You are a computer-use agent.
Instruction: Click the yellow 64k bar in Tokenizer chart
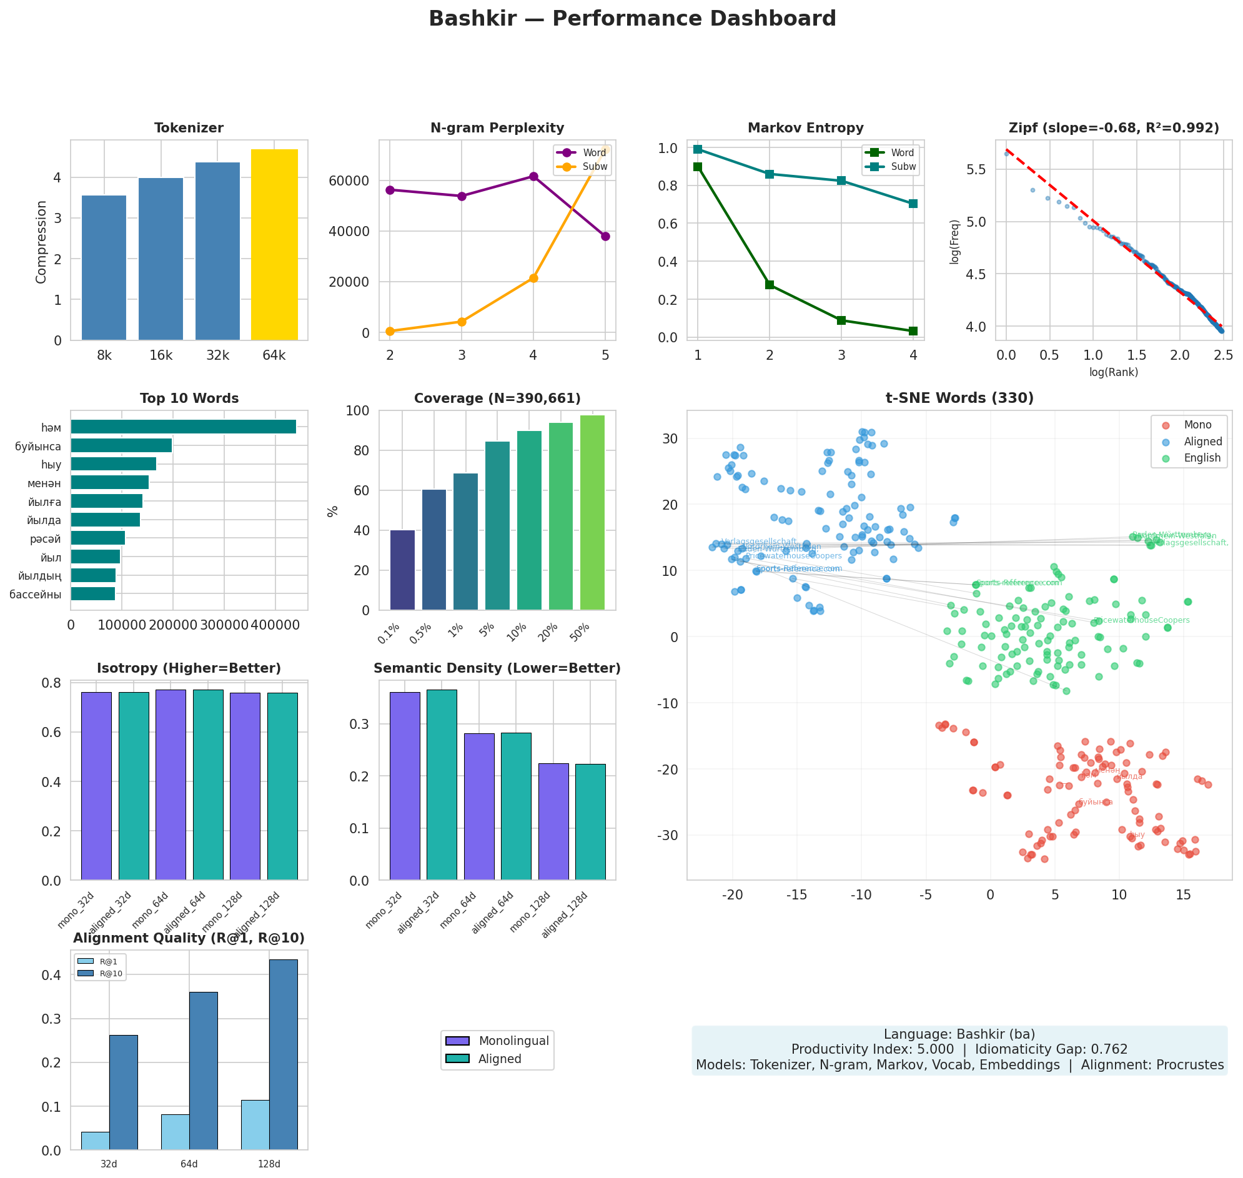pos(274,245)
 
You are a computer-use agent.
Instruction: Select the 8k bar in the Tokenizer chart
pos(104,268)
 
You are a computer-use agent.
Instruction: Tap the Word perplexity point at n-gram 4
pos(533,176)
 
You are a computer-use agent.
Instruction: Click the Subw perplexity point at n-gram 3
pos(462,322)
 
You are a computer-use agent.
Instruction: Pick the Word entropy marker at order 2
pos(770,285)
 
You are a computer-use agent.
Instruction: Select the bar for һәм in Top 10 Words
pos(183,427)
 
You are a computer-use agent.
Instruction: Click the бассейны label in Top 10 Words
pos(36,595)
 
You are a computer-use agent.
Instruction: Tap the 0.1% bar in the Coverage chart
pos(402,570)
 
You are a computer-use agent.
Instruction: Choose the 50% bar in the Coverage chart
pos(592,512)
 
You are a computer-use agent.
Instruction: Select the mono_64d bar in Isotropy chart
pos(171,785)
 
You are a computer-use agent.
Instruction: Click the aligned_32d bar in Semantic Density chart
pos(442,785)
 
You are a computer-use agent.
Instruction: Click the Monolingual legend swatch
pos(457,1041)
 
